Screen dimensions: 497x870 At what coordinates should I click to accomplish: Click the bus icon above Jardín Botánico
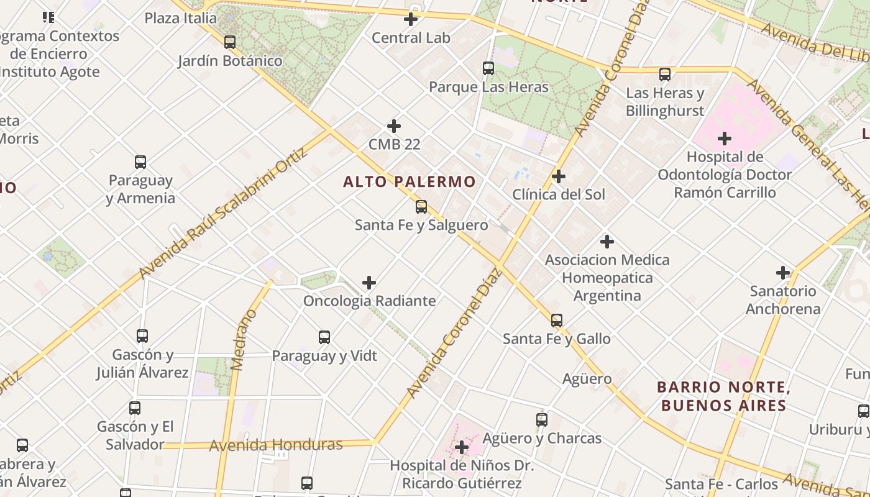click(x=230, y=42)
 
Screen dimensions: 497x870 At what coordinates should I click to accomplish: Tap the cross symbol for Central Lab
click(x=411, y=19)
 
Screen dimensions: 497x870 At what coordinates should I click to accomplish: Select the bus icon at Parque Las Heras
click(x=488, y=68)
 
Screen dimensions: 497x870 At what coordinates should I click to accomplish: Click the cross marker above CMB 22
click(x=394, y=126)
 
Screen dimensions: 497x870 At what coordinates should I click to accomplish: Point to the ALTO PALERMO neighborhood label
click(x=410, y=182)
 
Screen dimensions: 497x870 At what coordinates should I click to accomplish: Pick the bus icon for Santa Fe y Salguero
click(x=421, y=207)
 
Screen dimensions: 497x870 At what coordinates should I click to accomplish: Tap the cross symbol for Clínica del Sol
click(x=559, y=176)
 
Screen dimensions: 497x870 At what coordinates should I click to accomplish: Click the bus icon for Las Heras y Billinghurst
click(x=665, y=75)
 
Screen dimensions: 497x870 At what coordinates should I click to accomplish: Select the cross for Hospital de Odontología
click(x=725, y=139)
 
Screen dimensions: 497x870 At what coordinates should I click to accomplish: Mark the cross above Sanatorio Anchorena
click(x=783, y=273)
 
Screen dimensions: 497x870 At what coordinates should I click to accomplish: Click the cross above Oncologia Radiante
click(x=369, y=283)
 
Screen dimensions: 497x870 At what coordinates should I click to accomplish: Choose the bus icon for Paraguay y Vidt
click(x=324, y=337)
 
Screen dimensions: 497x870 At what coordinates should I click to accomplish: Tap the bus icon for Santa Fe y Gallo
click(x=557, y=321)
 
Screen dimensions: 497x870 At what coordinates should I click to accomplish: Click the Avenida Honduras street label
click(x=276, y=445)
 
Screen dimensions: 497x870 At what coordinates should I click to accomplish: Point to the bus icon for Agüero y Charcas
click(x=542, y=420)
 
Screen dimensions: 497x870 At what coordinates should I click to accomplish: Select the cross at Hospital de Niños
click(x=462, y=447)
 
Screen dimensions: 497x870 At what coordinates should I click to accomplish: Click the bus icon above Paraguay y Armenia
click(x=140, y=162)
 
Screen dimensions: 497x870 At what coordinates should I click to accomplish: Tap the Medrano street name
click(x=244, y=340)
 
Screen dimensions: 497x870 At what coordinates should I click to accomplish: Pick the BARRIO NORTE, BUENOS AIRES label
click(x=723, y=396)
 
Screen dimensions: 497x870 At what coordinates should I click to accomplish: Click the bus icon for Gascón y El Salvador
click(x=135, y=408)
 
